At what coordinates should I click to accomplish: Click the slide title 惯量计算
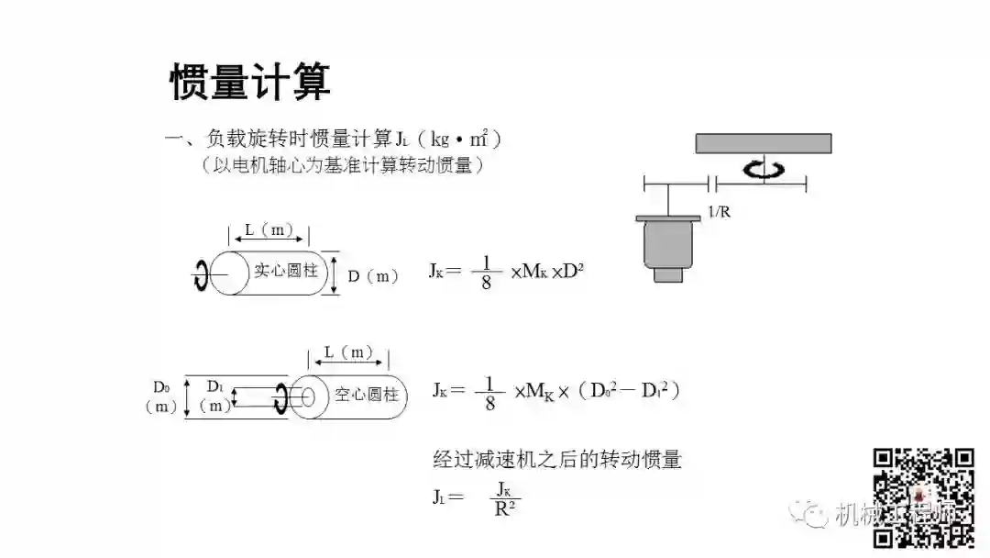tap(249, 83)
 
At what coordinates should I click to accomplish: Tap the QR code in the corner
tap(922, 497)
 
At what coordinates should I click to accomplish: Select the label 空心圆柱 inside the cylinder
tap(366, 396)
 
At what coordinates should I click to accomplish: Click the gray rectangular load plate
tap(763, 143)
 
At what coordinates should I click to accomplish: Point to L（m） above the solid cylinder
tap(269, 231)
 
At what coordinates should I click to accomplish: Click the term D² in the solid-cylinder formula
tap(574, 271)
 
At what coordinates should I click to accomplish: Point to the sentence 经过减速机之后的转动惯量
tap(557, 459)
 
